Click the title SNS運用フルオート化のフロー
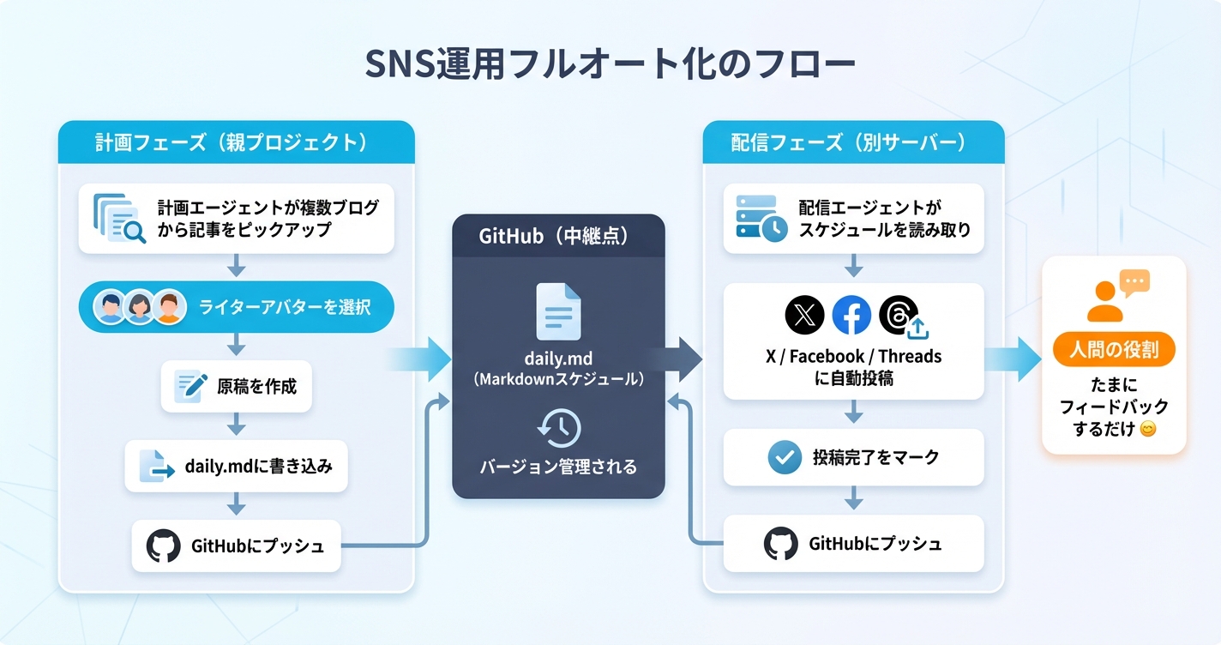point(610,66)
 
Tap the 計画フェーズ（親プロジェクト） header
point(236,142)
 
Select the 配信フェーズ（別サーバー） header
point(852,142)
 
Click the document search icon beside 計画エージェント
point(118,218)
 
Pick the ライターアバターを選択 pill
point(236,307)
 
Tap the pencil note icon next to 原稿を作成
point(190,386)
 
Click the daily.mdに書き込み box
point(236,467)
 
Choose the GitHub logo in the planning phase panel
point(163,546)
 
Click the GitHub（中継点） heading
point(558,236)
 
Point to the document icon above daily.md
point(558,310)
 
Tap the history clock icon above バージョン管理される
point(558,427)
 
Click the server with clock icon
point(761,218)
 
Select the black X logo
point(804,316)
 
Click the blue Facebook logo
point(851,316)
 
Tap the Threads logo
point(900,316)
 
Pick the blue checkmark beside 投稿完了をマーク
point(784,457)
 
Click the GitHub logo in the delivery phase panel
point(780,544)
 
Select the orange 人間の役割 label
point(1114,351)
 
